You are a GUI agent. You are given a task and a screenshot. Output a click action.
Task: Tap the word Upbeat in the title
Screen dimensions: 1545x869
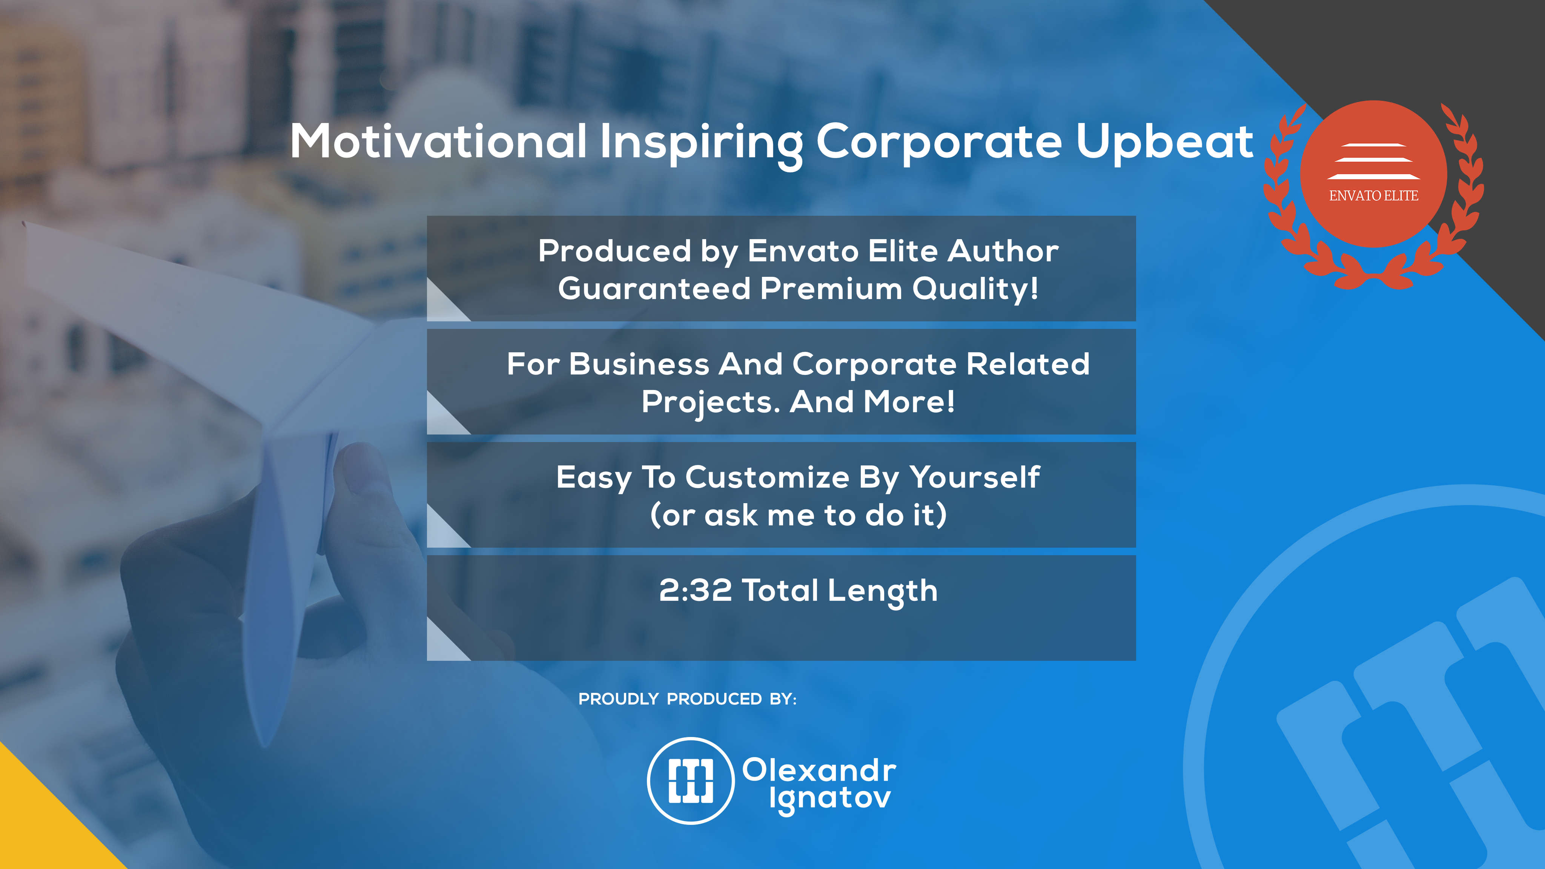click(1164, 143)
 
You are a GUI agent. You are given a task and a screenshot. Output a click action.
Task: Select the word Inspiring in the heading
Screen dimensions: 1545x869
click(701, 144)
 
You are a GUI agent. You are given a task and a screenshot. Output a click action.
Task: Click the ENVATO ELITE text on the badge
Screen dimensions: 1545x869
click(1373, 195)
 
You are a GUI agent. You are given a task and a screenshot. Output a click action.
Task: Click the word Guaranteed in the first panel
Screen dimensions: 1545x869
click(654, 289)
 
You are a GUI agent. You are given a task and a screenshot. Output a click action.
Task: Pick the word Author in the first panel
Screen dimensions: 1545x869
click(1003, 251)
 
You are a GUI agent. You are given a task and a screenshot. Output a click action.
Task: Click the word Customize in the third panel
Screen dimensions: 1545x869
click(767, 477)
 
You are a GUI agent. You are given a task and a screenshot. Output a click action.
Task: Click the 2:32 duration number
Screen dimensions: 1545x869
click(695, 590)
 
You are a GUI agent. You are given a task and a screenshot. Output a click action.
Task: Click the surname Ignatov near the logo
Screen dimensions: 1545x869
click(830, 799)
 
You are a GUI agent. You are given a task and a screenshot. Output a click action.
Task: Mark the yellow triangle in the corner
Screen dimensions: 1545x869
click(42, 828)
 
